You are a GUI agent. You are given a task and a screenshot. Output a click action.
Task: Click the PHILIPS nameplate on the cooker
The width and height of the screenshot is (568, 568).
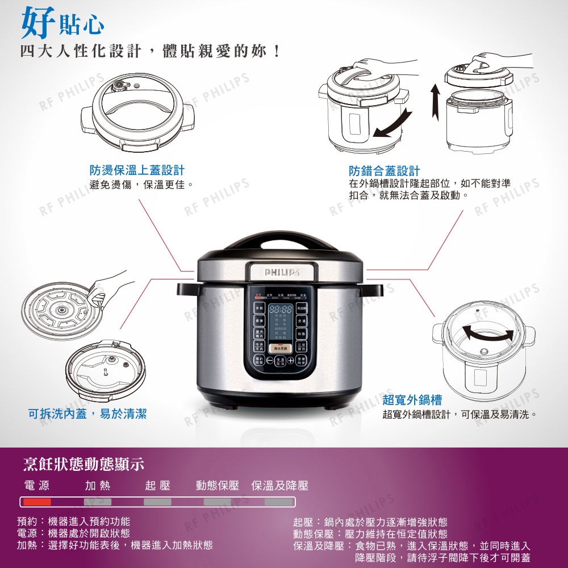click(x=281, y=273)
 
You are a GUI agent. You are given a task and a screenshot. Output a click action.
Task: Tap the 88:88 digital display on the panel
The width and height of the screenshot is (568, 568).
click(x=281, y=310)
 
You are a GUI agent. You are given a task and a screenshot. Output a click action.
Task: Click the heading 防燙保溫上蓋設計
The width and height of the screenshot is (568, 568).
click(x=137, y=170)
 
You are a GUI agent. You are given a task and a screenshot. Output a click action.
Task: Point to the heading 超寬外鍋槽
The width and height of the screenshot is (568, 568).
click(x=412, y=400)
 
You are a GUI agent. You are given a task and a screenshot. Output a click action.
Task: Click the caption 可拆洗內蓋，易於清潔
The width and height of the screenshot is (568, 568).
click(x=87, y=414)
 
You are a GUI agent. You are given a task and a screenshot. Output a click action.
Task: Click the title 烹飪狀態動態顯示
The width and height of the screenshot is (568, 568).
click(x=83, y=464)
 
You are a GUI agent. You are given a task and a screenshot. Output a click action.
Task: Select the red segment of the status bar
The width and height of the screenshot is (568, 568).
click(x=37, y=502)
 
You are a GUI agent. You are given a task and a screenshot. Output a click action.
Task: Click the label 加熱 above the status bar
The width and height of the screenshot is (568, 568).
click(x=98, y=486)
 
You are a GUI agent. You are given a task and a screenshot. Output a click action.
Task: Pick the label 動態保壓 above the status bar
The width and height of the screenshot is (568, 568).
click(x=218, y=486)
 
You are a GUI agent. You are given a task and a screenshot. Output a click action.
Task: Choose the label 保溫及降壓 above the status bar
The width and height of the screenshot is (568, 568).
click(x=279, y=486)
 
